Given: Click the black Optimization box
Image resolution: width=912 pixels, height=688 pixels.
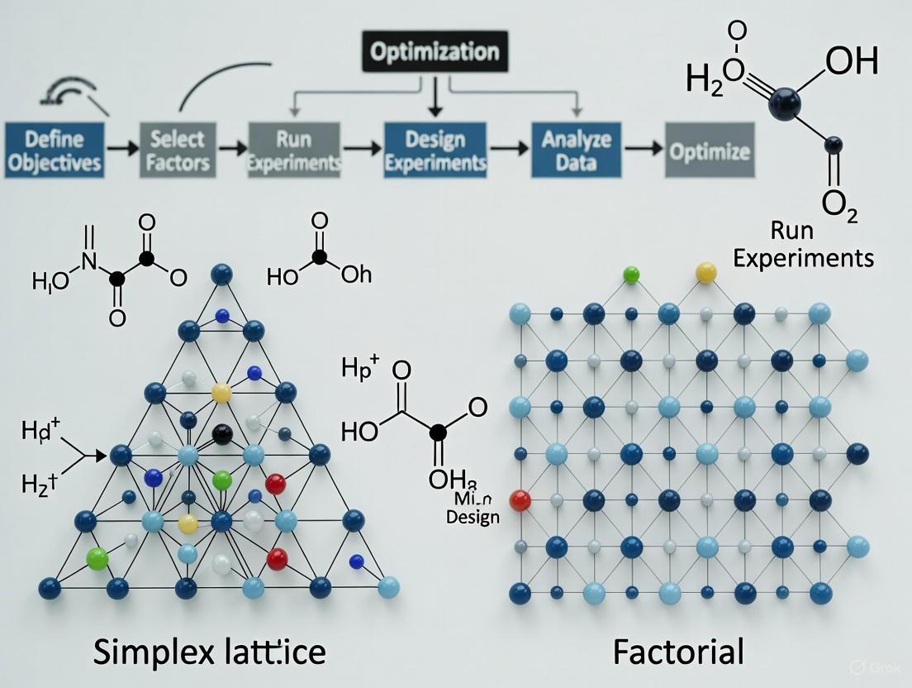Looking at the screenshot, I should click(x=435, y=53).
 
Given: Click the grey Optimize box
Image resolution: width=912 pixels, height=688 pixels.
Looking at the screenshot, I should click(x=710, y=150).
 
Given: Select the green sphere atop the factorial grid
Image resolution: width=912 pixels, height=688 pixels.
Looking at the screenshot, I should click(x=631, y=274).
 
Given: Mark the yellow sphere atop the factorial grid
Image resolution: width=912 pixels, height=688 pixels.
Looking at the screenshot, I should click(x=706, y=272).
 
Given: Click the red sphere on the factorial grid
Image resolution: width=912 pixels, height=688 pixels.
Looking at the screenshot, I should click(x=520, y=499).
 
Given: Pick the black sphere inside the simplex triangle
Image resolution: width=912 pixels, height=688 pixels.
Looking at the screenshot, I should click(x=221, y=432).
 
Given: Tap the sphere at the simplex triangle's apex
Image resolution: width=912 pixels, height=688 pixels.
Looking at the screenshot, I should click(x=221, y=274).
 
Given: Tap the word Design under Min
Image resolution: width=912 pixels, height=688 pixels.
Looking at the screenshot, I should click(x=473, y=518).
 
